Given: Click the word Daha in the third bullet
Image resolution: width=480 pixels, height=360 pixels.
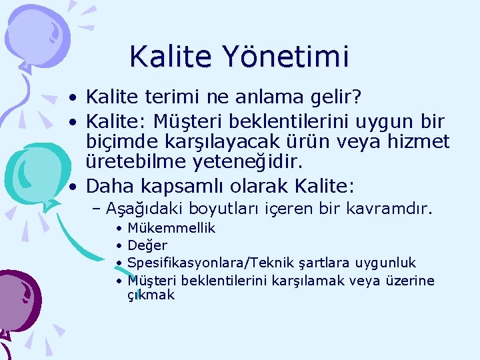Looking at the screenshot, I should [109, 185].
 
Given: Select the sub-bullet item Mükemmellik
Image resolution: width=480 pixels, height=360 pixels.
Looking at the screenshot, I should [171, 229].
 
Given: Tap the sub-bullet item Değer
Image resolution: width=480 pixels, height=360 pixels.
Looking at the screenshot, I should [147, 246].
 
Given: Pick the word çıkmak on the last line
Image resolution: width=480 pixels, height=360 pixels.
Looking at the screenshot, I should [151, 295].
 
